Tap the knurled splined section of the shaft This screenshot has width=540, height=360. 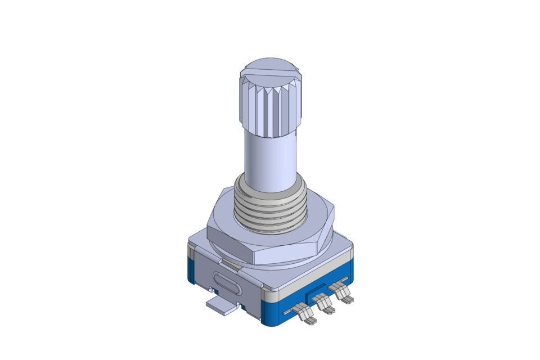tap(270, 110)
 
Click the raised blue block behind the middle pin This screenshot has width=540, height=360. tap(315, 293)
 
